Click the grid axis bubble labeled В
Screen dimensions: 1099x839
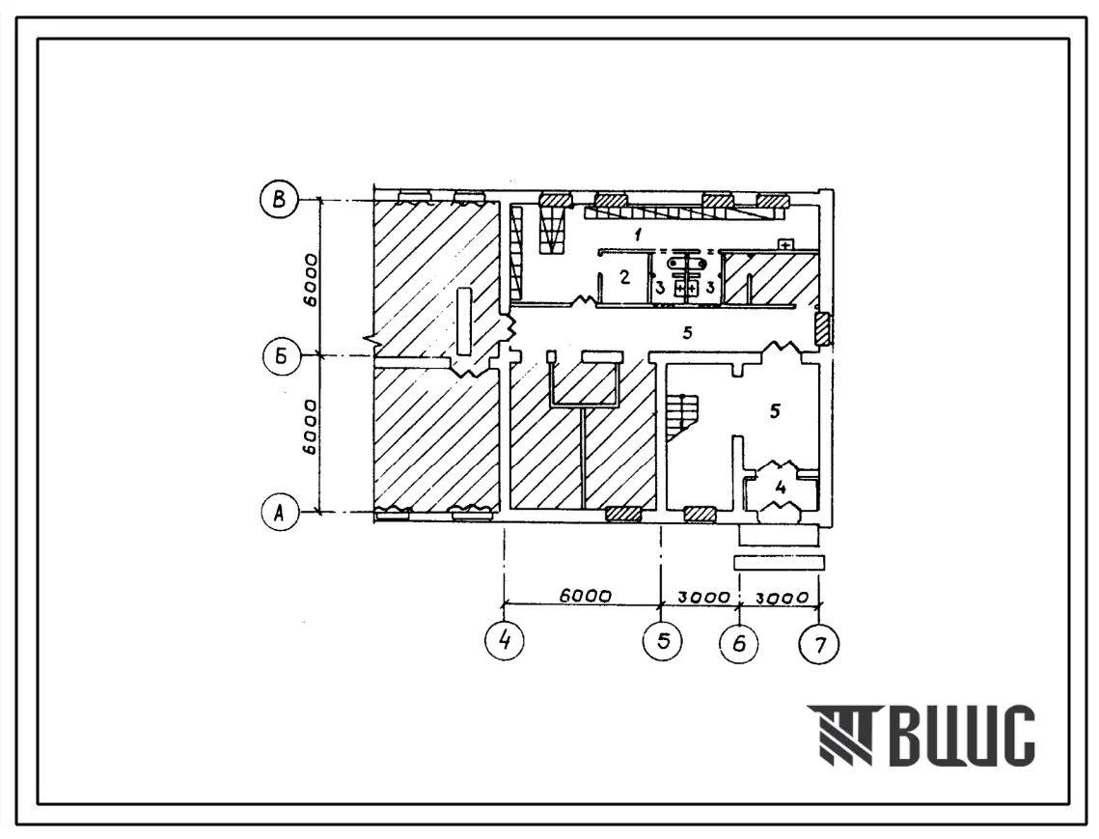279,201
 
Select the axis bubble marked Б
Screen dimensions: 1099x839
281,356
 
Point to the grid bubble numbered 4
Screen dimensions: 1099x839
505,641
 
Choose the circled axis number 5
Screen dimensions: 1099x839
663,641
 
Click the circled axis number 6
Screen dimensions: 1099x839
739,643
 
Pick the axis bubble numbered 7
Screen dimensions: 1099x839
819,643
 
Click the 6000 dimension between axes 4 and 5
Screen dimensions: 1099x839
586,596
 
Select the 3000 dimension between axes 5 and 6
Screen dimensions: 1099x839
703,597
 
